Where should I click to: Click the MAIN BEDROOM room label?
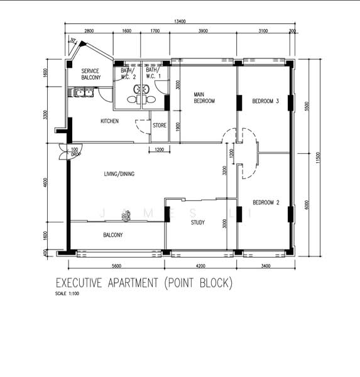(x=205, y=97)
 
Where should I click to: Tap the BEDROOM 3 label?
(x=266, y=101)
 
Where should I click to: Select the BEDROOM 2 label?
(x=266, y=202)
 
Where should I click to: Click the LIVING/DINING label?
(x=120, y=174)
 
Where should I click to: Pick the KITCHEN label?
(x=110, y=121)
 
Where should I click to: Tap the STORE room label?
(x=160, y=125)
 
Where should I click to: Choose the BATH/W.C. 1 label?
(x=153, y=74)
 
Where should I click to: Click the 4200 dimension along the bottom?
(x=200, y=266)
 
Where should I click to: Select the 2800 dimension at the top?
(x=89, y=31)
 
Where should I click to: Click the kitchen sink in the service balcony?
(x=84, y=95)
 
